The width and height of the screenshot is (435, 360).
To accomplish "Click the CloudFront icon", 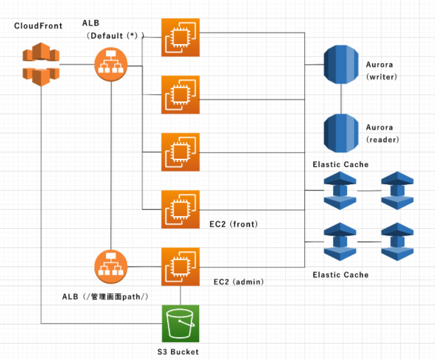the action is [x=41, y=64].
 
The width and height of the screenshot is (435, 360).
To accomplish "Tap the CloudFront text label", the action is [x=38, y=26].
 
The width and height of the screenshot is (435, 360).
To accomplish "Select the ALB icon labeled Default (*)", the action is [x=111, y=64].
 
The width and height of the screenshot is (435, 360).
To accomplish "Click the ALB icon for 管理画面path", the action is [x=111, y=266].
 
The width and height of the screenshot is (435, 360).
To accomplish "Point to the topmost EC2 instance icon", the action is [x=181, y=38].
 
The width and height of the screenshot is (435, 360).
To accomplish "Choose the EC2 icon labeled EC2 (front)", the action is [x=181, y=210].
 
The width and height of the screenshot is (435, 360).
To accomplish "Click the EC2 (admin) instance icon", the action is [x=181, y=266].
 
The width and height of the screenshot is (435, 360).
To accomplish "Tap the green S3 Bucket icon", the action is [x=181, y=324].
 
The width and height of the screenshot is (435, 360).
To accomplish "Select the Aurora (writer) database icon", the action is [x=341, y=64].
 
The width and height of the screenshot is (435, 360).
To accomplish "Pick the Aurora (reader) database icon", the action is [x=341, y=133].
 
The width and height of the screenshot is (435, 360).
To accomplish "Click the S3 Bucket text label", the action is [x=178, y=352].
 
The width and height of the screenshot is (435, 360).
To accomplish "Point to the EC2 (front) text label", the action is [x=233, y=224].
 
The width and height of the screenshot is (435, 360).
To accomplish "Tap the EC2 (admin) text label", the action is [x=239, y=282].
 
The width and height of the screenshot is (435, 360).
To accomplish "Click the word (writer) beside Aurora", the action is [x=381, y=76].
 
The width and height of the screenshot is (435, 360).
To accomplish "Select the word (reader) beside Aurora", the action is [x=383, y=140].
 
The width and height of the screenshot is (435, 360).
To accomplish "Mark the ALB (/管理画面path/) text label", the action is [x=105, y=297].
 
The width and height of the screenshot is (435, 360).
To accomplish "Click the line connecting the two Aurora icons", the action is [x=341, y=99].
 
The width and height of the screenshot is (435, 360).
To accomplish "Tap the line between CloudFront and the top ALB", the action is [x=77, y=64].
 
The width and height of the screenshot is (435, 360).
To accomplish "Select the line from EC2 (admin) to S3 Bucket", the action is [x=181, y=295].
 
